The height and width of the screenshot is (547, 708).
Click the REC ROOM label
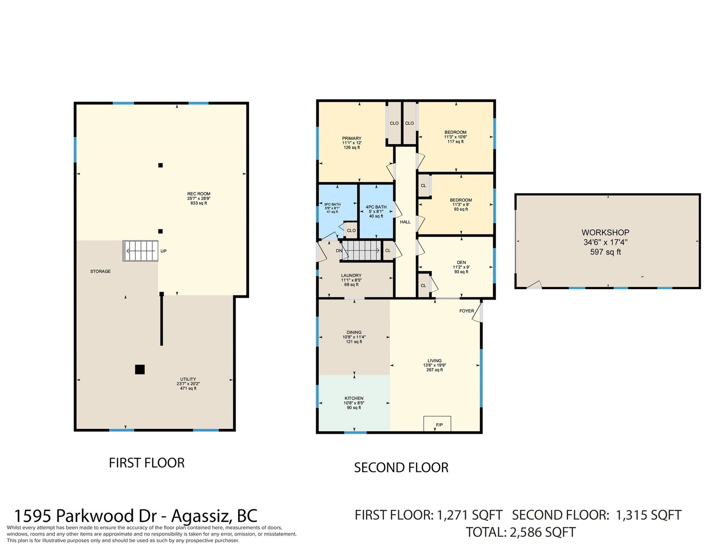(x=198, y=194)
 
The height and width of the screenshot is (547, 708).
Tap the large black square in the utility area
(x=140, y=370)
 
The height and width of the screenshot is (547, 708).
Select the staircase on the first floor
(x=140, y=251)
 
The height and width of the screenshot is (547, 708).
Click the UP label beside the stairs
(x=164, y=251)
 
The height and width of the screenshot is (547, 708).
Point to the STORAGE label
(x=100, y=271)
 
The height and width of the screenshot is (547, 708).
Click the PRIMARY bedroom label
(x=351, y=138)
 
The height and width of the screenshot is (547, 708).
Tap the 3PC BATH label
(x=332, y=204)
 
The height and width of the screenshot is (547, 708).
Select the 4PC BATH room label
(x=376, y=207)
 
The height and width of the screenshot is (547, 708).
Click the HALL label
(x=405, y=222)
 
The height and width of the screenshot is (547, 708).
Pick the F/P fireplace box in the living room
(x=437, y=424)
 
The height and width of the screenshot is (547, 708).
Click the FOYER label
(x=466, y=311)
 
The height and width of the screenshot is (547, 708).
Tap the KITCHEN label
(x=354, y=398)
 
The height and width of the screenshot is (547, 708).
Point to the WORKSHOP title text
(x=605, y=233)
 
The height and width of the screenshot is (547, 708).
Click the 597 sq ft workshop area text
(x=605, y=252)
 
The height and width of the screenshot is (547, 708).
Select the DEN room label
(x=462, y=262)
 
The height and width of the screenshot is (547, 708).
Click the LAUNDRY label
(x=351, y=275)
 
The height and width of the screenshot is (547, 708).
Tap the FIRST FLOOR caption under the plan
(x=146, y=463)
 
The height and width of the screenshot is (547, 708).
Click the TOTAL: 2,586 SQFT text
(x=521, y=532)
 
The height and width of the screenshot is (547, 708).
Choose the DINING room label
(x=354, y=333)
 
